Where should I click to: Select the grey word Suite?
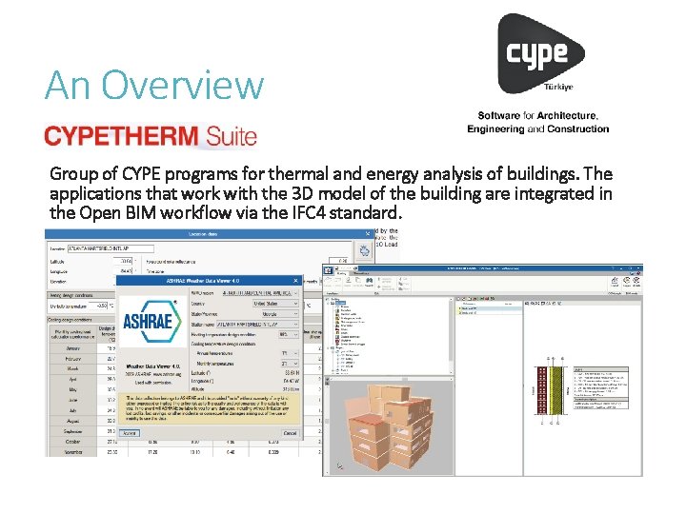(228, 136)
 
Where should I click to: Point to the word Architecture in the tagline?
(566, 116)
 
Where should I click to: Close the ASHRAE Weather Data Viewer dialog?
(296, 281)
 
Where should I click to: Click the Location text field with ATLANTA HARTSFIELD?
(110, 248)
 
